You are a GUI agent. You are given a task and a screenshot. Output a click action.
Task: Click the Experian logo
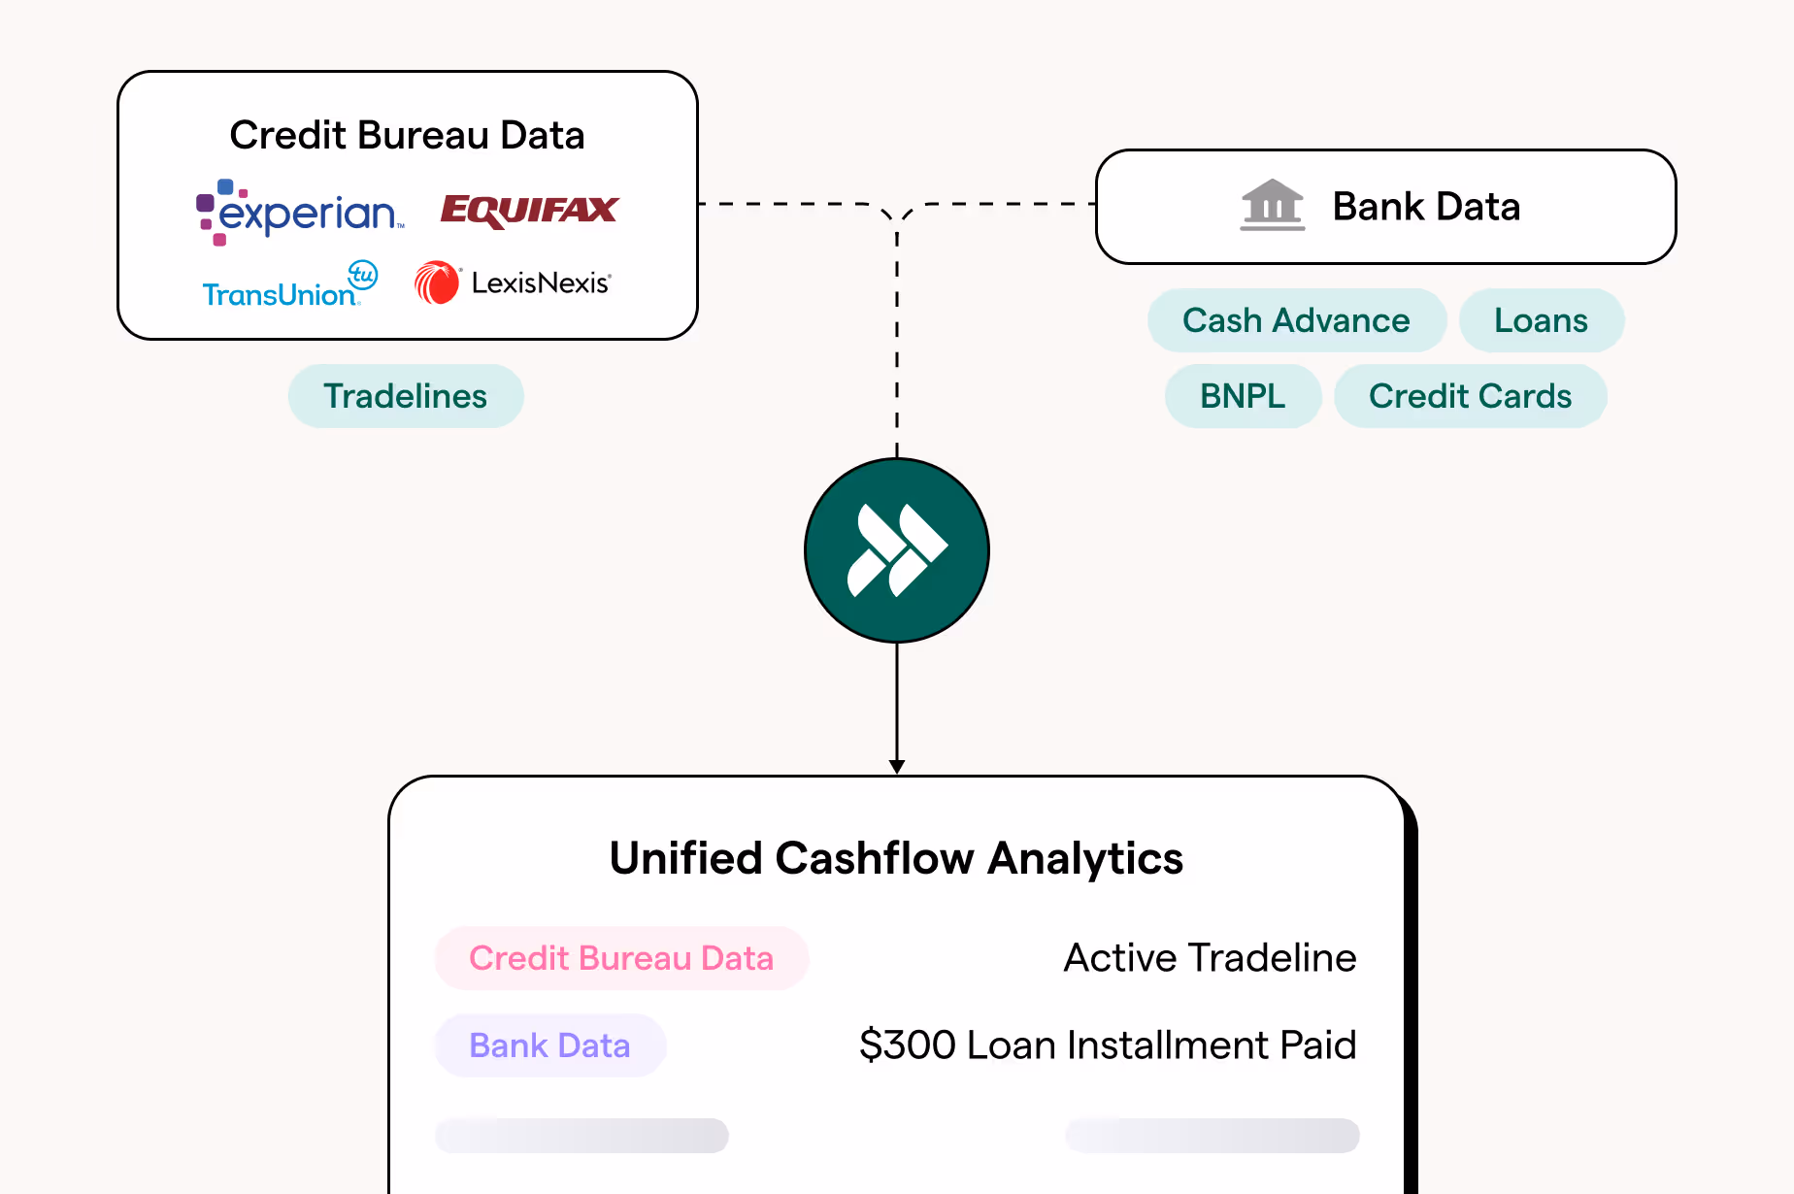pos(300,212)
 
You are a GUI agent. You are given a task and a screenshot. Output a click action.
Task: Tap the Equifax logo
pos(529,210)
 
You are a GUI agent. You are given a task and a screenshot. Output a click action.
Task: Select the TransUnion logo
pos(288,285)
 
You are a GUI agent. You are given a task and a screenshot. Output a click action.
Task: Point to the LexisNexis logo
pos(514,282)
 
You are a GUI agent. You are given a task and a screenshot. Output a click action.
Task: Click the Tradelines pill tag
pos(406,396)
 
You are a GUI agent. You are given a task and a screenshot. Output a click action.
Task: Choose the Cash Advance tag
pos(1296,320)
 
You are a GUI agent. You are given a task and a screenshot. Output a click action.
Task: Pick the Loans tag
pos(1541,320)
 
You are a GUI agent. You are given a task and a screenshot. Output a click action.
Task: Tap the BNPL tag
pos(1243,396)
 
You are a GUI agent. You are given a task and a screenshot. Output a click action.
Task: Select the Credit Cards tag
pos(1470,396)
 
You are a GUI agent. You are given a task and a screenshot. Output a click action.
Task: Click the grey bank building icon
pos(1272,205)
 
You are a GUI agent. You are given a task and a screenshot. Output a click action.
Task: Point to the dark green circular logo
pos(897,550)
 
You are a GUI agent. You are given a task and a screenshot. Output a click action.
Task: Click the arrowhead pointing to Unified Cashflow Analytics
pos(897,766)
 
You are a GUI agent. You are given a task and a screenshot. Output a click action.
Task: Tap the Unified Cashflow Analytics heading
pos(896,858)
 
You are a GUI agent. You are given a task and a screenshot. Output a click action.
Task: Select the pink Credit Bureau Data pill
pos(621,958)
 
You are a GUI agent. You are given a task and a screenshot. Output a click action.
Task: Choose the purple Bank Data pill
pos(550,1045)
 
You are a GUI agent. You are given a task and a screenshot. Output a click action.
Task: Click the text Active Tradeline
pos(1210,958)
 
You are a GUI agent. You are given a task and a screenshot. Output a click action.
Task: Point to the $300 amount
pos(908,1045)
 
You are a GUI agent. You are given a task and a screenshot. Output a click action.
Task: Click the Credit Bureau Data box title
pos(407,135)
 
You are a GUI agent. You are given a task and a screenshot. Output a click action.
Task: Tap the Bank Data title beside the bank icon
pos(1426,207)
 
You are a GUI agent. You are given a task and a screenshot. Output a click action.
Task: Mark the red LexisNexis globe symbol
pos(437,282)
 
